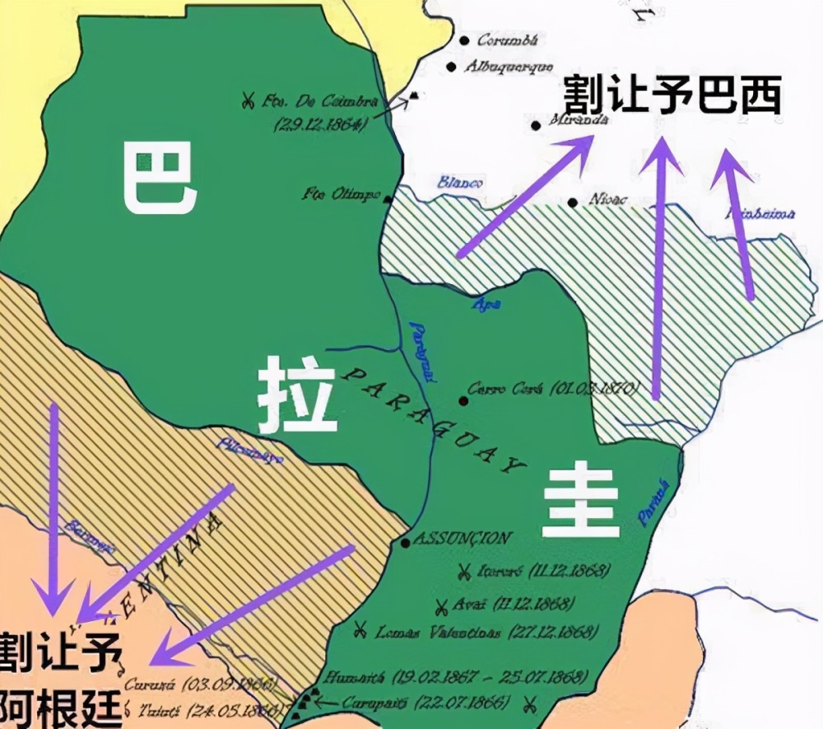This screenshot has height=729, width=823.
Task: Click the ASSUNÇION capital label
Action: tap(462, 538)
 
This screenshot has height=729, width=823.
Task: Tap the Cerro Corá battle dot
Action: tap(464, 401)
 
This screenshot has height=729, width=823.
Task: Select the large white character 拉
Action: tap(297, 399)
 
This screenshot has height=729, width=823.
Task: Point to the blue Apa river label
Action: tap(486, 304)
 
